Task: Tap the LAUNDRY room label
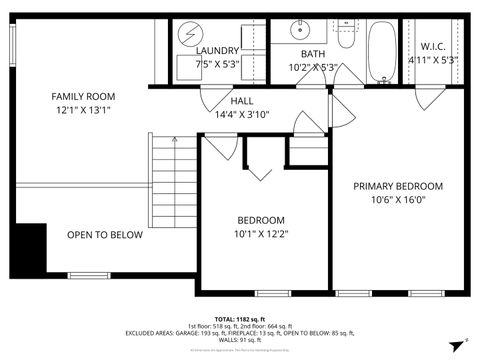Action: (217, 50)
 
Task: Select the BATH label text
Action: (312, 54)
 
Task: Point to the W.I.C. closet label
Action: (433, 46)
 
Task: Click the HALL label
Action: (242, 101)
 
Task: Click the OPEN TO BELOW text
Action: (105, 236)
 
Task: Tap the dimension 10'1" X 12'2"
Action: (260, 234)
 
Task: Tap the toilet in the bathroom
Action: (345, 35)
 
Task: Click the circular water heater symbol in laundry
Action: (187, 33)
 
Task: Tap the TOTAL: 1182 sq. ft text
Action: (240, 318)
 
